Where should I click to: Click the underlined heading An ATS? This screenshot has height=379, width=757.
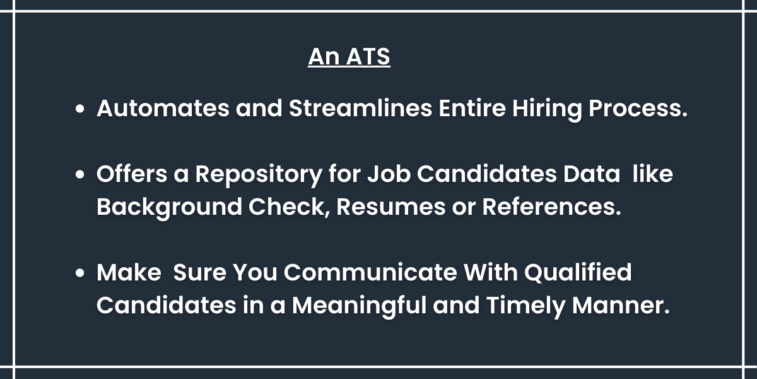point(349,56)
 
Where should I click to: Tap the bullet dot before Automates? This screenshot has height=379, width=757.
point(79,109)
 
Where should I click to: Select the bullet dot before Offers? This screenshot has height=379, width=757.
point(79,174)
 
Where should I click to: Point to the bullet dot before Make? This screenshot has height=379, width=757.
point(79,273)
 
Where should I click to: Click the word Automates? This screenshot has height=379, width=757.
point(163,108)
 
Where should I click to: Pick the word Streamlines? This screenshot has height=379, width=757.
point(361,108)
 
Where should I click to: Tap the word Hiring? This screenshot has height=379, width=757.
point(547,109)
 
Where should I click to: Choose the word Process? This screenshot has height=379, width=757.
point(638,108)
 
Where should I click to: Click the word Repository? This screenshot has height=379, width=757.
point(259,175)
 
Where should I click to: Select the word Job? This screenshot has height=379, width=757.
point(389,174)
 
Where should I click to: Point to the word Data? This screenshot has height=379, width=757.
point(592,174)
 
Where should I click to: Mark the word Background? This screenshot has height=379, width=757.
point(169,208)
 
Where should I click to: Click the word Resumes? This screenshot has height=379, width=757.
point(391,207)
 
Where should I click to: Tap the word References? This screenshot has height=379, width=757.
point(551,207)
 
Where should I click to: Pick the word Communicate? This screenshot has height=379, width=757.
point(370,272)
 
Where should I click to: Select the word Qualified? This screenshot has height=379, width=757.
point(578,272)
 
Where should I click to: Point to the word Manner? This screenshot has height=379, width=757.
point(621,305)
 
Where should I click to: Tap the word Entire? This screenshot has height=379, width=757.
point(472,108)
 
